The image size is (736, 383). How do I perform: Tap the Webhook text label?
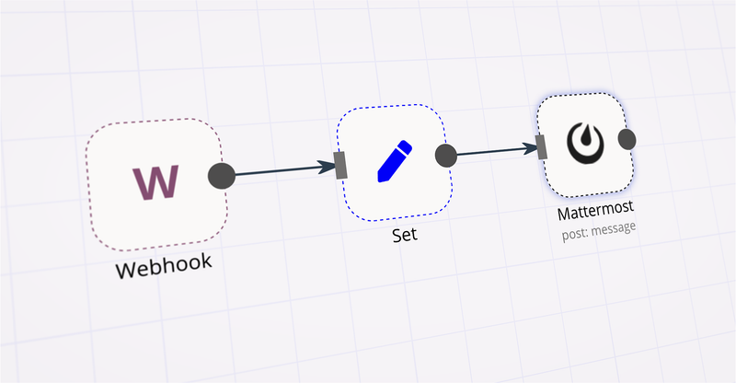[164, 266]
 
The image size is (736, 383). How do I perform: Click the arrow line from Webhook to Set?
[276, 170]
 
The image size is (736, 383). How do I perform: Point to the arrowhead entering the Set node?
[327, 167]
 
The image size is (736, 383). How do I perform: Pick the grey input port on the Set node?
[340, 165]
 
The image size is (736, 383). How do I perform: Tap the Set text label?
[404, 234]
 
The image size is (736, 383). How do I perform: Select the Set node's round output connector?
[445, 155]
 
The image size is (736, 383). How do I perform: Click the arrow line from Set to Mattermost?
[492, 151]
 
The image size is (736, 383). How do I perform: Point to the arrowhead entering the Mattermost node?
[531, 146]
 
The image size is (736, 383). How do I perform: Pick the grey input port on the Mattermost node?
[541, 145]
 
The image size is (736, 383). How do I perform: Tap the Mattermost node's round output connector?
[627, 139]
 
